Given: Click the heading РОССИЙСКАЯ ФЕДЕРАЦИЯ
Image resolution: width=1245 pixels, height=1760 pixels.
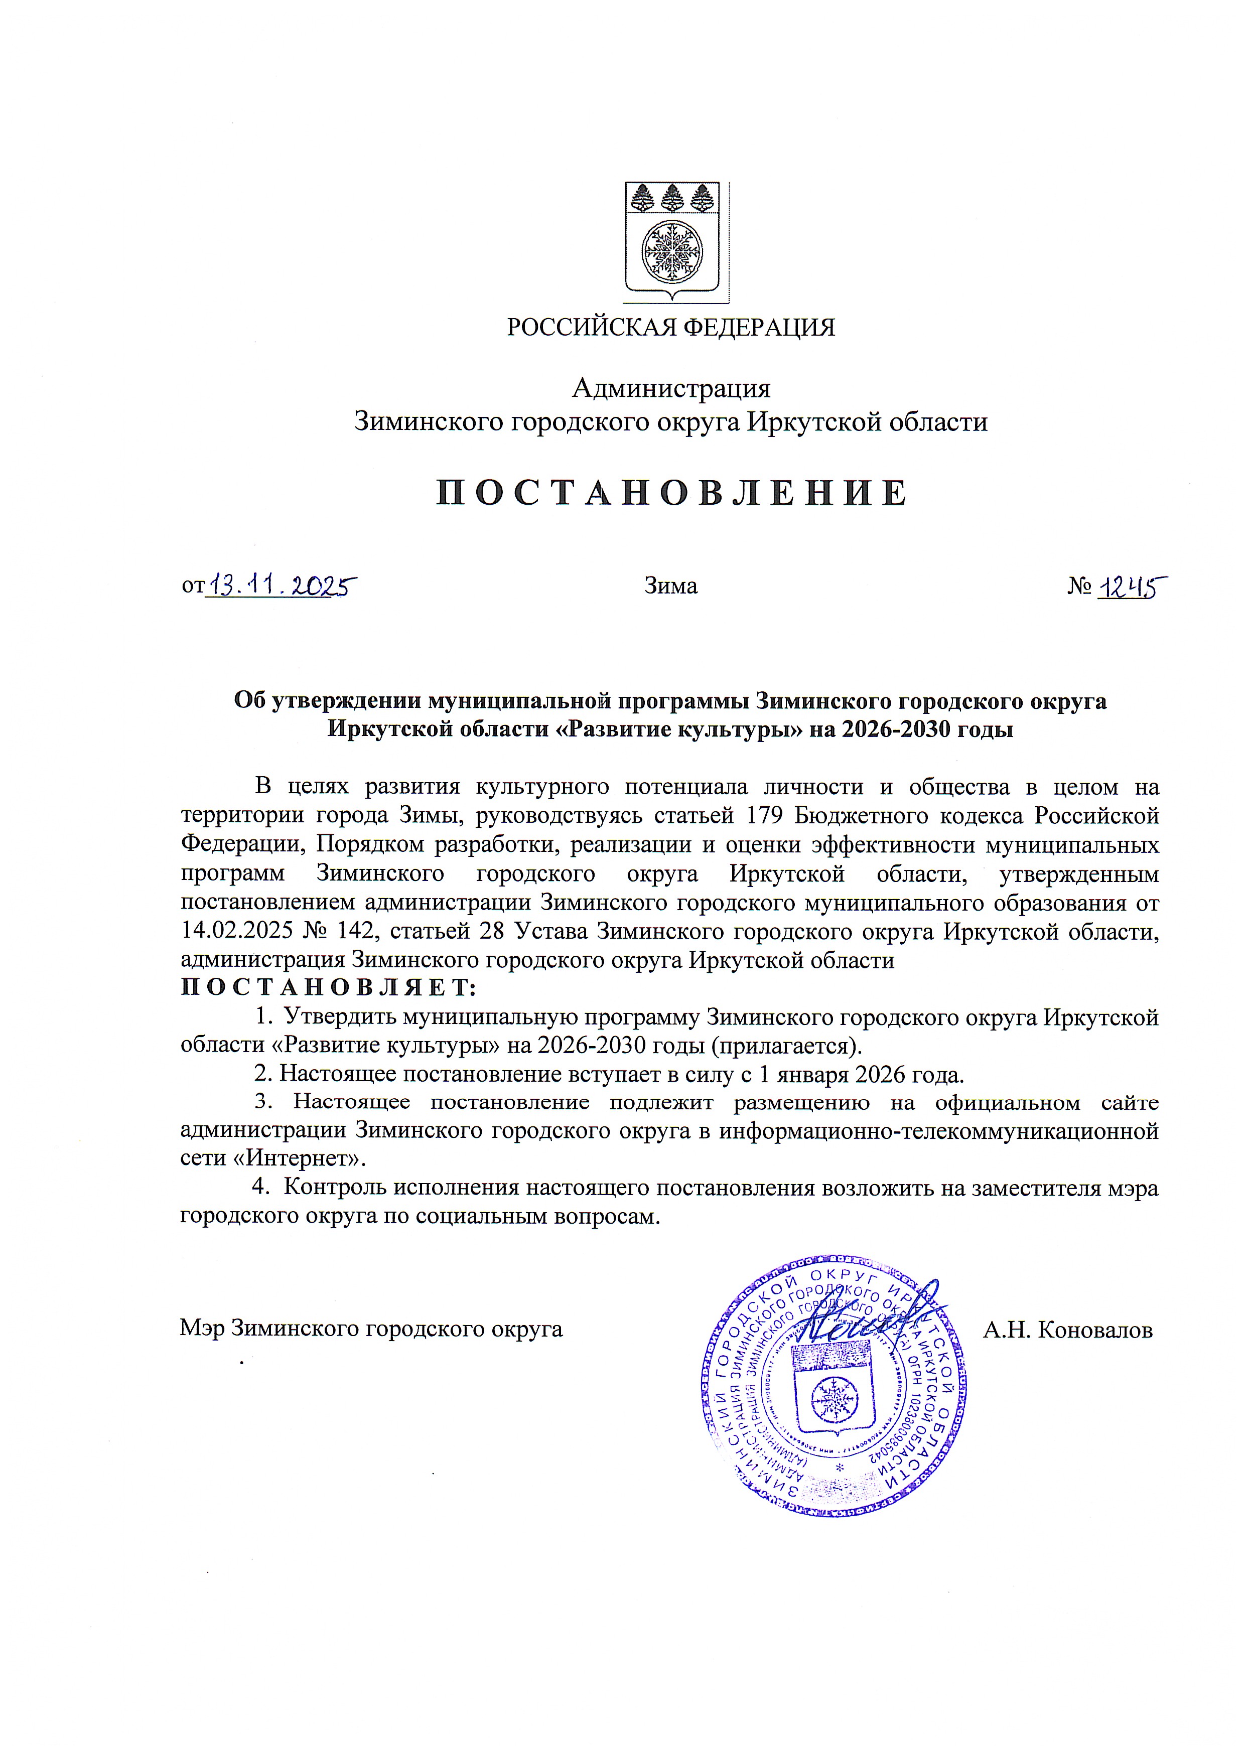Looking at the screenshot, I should coord(671,328).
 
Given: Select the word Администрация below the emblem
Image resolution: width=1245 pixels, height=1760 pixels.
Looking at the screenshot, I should coord(671,389).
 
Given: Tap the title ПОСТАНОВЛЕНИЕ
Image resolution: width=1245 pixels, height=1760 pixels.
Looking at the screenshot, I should coord(671,493).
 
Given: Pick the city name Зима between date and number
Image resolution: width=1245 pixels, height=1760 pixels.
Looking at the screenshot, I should coord(671,586).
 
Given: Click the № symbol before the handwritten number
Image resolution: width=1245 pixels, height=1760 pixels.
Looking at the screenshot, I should coord(1079,587).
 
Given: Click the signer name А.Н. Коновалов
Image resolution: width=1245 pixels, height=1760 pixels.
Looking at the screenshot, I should coord(1068,1330).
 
